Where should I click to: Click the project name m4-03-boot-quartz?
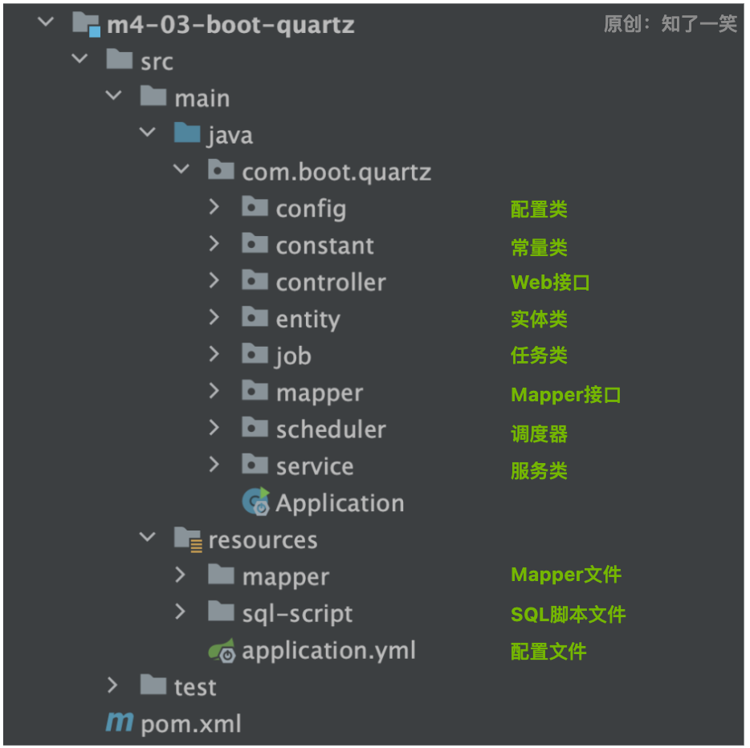click(230, 25)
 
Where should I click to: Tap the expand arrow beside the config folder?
click(214, 208)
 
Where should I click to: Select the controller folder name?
click(330, 283)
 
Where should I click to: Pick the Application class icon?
click(255, 502)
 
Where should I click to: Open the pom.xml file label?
click(190, 724)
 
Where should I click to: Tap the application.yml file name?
click(328, 651)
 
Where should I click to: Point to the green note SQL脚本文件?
click(568, 615)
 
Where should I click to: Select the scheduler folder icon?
click(255, 428)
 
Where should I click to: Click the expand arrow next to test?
click(112, 685)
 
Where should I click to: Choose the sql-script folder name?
click(297, 614)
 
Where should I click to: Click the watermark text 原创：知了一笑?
click(670, 24)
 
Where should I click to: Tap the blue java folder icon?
click(187, 133)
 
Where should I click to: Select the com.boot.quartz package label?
click(336, 172)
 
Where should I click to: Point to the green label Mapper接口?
click(565, 395)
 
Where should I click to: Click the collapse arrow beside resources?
click(147, 539)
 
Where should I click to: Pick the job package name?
click(293, 356)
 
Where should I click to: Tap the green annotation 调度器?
click(539, 434)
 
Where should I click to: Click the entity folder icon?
click(255, 318)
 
